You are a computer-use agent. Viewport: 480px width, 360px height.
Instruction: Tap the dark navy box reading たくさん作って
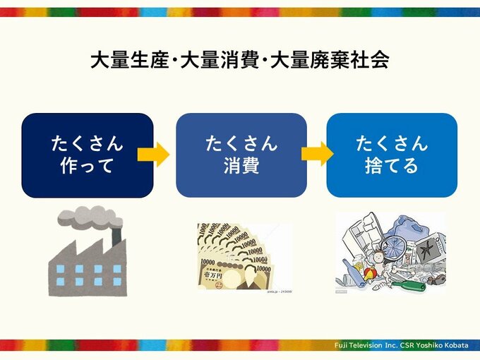(88, 155)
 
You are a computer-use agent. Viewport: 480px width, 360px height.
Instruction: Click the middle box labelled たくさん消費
(241, 155)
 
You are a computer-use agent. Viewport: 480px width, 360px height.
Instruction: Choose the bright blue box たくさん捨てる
(392, 155)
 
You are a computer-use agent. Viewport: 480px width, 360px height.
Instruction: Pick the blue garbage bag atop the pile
(410, 226)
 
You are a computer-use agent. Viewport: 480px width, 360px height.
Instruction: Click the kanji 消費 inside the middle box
(241, 167)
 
